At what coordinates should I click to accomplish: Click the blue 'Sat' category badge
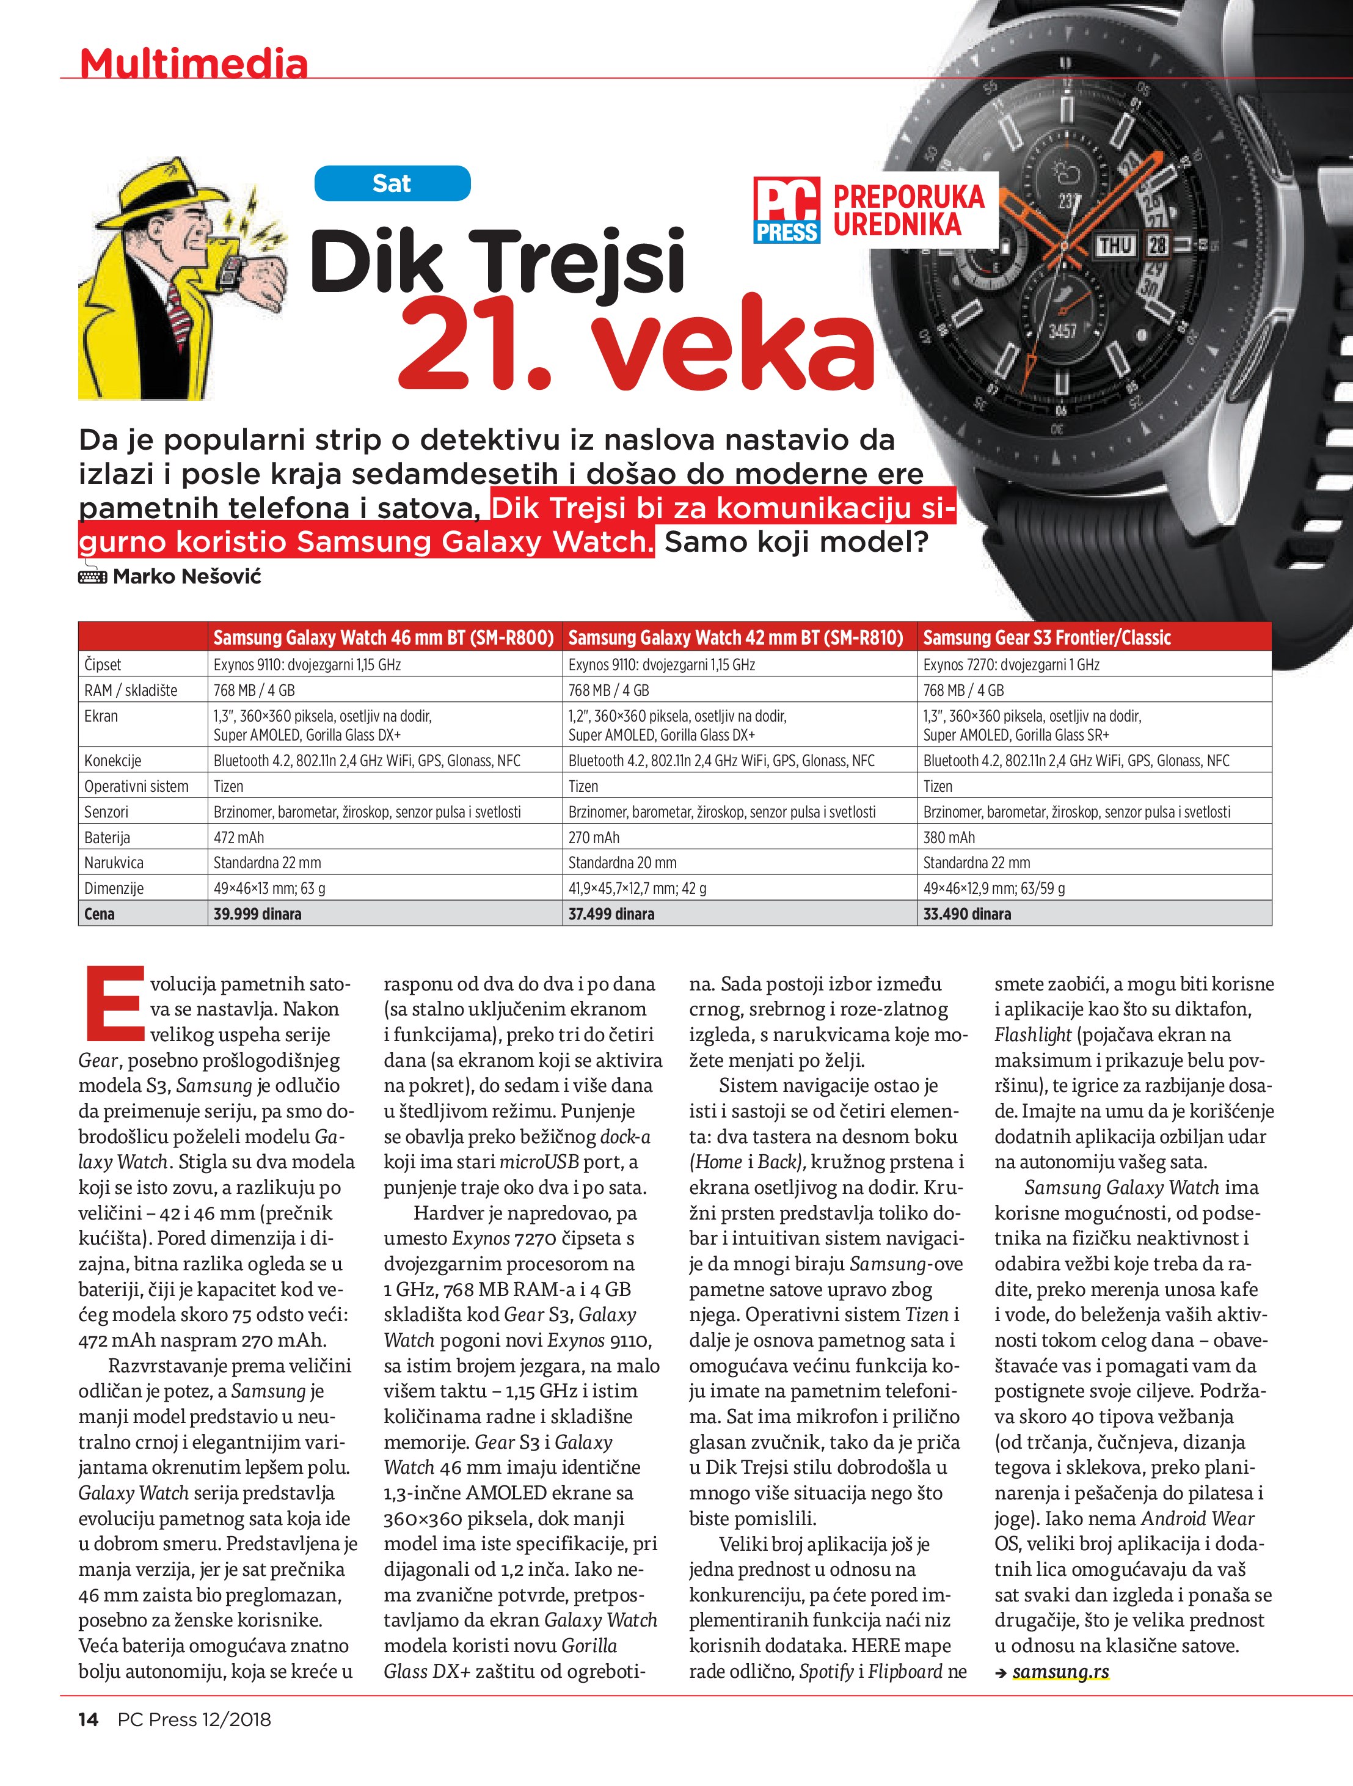(392, 183)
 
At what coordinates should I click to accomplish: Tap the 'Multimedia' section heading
(194, 63)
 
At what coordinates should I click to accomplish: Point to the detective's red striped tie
(178, 319)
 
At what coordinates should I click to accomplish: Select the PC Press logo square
(786, 210)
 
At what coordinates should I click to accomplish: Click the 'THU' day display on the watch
(1115, 244)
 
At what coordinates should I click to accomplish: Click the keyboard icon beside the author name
(93, 577)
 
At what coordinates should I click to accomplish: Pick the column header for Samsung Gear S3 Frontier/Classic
(1046, 638)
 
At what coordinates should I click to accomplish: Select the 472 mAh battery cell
(239, 837)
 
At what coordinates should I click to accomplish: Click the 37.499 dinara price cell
(611, 914)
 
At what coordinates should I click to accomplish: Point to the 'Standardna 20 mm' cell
(622, 862)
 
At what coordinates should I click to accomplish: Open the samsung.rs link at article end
(1060, 1671)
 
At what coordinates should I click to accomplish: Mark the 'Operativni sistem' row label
(136, 786)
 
